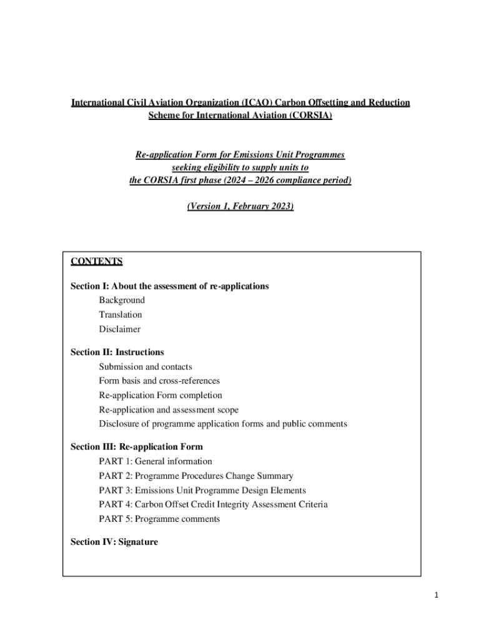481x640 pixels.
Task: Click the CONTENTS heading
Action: click(96, 261)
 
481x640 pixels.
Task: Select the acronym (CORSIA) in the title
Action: click(307, 116)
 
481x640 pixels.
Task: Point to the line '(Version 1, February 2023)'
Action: click(240, 206)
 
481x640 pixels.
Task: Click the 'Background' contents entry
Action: click(121, 301)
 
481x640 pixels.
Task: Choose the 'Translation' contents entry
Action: click(120, 315)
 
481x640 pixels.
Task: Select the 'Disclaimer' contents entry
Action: click(119, 329)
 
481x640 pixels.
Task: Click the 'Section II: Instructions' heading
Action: click(117, 352)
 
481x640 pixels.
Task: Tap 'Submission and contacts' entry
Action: click(145, 367)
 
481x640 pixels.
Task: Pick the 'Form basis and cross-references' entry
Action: click(159, 381)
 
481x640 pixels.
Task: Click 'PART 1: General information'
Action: click(155, 462)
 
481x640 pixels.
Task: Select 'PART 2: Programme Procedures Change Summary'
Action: click(196, 476)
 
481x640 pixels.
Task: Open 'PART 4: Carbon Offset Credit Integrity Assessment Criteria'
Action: click(213, 504)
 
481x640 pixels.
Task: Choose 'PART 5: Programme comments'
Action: click(159, 519)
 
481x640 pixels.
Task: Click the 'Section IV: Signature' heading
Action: click(114, 542)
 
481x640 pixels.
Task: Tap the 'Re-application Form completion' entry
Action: click(160, 396)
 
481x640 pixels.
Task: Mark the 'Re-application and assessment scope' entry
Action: click(168, 410)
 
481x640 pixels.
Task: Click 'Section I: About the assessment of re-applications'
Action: click(169, 286)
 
